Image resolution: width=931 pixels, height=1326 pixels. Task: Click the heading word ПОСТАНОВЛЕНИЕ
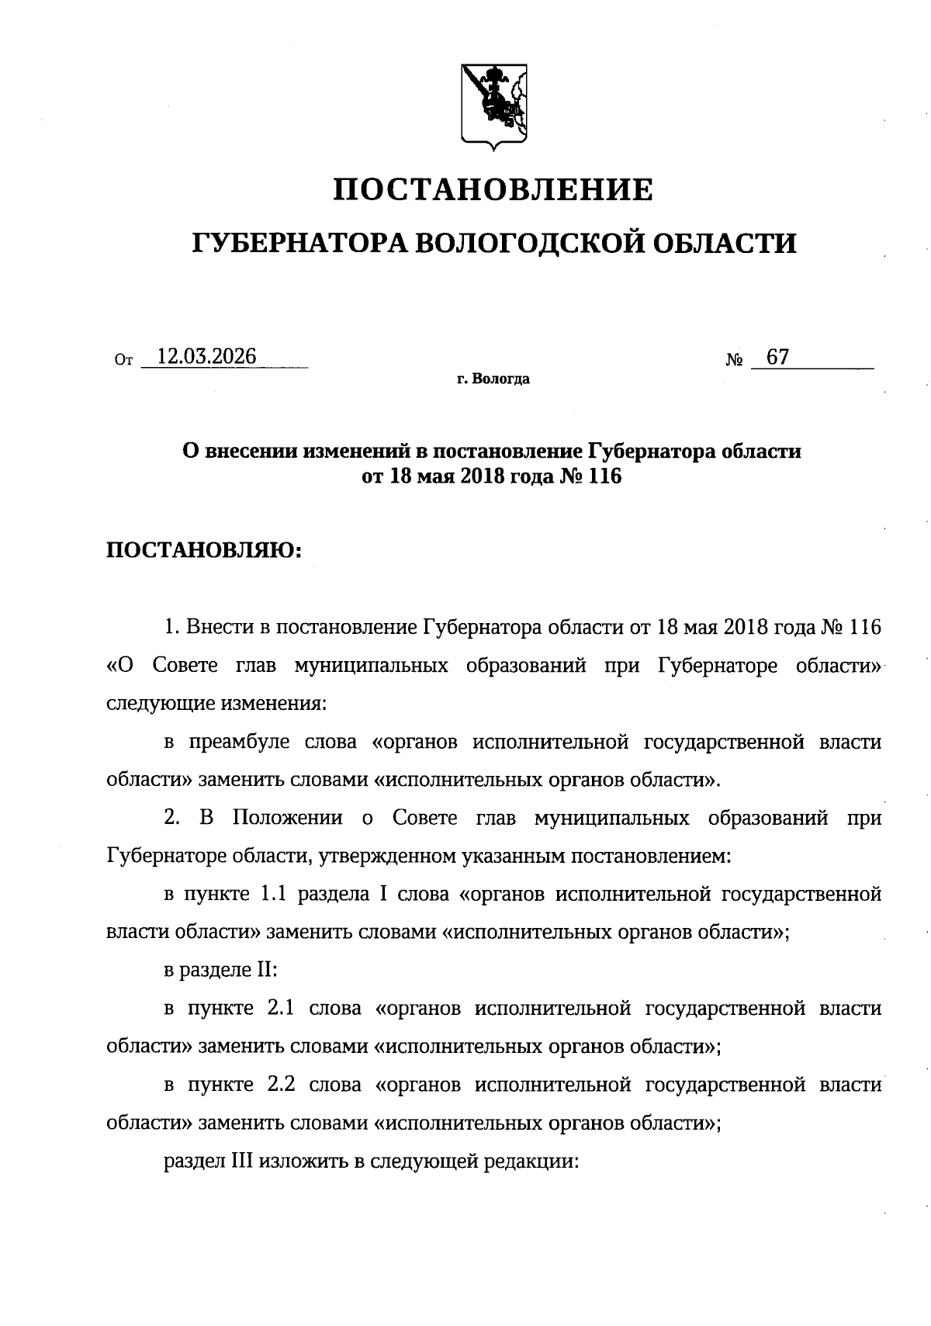point(493,189)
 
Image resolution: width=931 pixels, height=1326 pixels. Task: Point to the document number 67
point(777,357)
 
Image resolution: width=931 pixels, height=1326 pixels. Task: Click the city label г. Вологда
point(493,380)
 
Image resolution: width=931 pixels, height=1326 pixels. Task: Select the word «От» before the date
point(123,360)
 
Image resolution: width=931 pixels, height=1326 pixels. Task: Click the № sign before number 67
point(735,361)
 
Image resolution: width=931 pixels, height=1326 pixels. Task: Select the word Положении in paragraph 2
point(288,818)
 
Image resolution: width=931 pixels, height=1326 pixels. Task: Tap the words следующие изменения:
point(216,704)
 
